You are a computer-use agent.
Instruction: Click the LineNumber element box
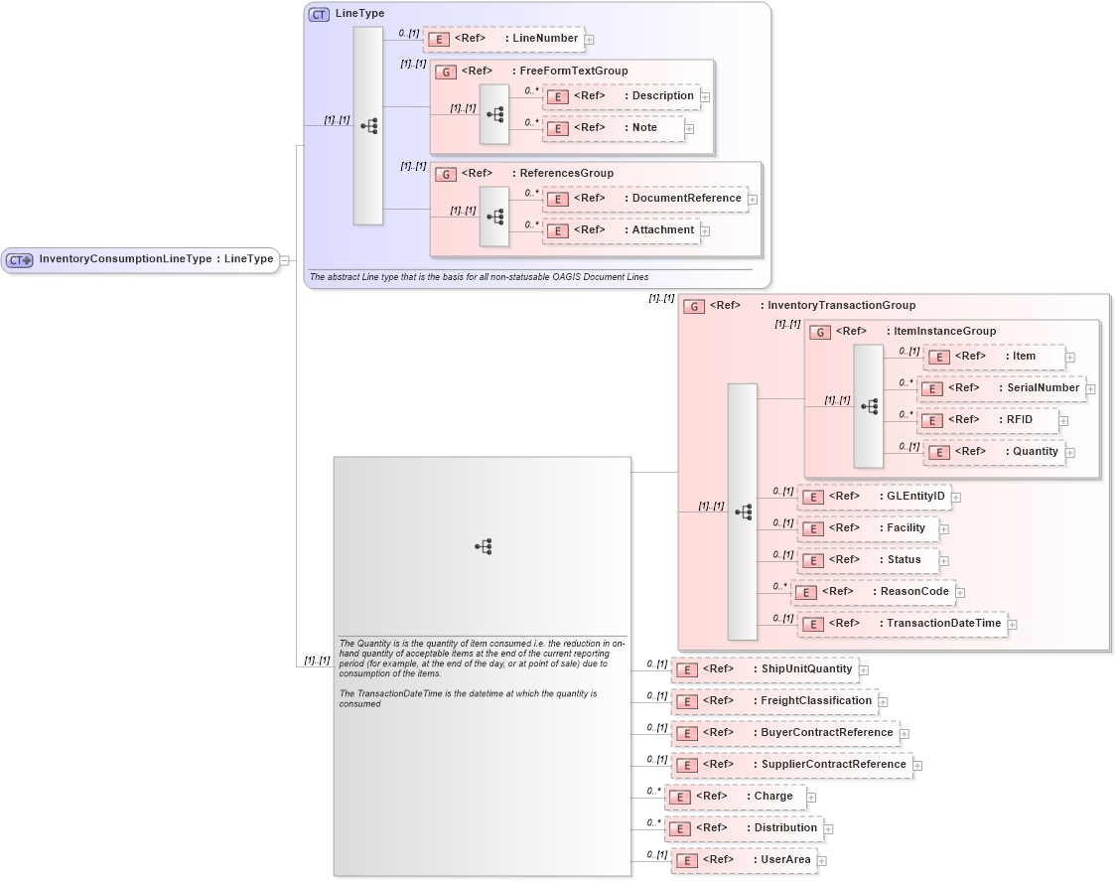503,39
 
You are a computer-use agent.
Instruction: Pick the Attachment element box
621,230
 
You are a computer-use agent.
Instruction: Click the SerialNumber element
1001,388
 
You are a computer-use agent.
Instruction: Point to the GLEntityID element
874,496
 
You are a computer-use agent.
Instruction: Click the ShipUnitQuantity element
764,669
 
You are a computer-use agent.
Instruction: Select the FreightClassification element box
773,701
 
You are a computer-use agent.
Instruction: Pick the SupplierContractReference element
791,765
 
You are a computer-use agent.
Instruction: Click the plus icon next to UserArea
821,860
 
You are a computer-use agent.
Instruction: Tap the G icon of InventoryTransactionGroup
694,306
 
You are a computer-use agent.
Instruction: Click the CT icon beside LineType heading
319,14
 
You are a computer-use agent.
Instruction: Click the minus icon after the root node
284,260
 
